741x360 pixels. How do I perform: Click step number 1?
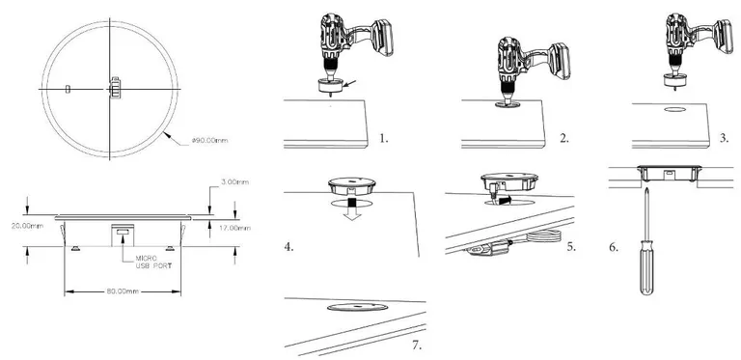point(384,138)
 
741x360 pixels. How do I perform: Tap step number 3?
point(724,138)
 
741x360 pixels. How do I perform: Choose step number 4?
point(289,247)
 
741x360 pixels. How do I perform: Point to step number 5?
point(571,247)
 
